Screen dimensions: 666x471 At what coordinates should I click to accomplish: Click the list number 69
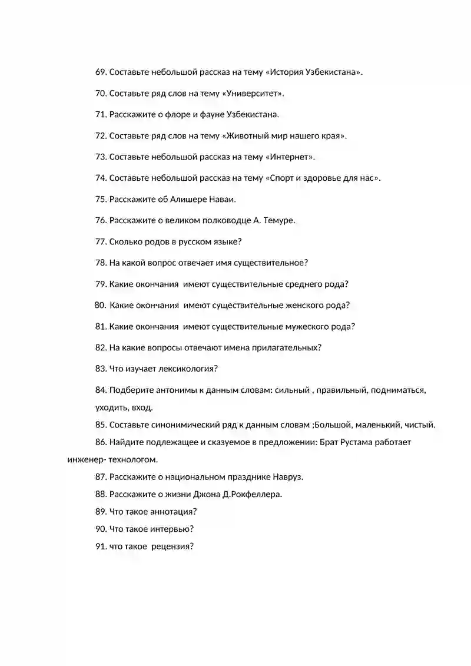pyautogui.click(x=100, y=72)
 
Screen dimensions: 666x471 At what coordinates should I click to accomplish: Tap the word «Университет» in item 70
pyautogui.click(x=253, y=94)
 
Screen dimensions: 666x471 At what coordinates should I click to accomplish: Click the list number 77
pyautogui.click(x=100, y=242)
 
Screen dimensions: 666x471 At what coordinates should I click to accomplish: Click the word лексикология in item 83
pyautogui.click(x=191, y=369)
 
